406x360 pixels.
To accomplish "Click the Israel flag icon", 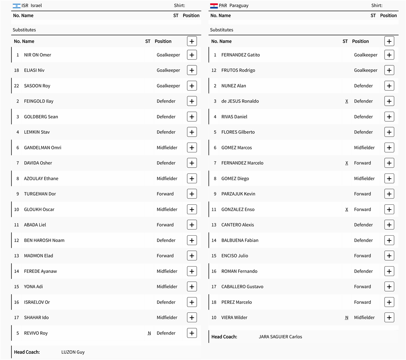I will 17,6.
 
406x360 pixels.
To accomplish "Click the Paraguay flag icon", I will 214,6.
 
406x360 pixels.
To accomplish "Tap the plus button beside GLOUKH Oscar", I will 192,210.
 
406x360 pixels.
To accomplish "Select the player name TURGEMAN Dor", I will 40,194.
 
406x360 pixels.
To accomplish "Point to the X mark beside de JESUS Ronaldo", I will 347,101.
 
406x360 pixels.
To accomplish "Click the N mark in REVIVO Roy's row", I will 149,333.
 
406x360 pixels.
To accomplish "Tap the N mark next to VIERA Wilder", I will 347,318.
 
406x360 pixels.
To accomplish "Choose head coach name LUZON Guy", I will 73,352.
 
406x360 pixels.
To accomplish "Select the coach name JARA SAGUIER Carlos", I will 280,337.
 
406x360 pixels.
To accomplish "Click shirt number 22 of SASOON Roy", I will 17,86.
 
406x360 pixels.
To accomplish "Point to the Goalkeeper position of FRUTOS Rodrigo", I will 366,70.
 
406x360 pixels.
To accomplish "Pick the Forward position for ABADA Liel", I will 165,225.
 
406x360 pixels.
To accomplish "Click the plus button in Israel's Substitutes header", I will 192,41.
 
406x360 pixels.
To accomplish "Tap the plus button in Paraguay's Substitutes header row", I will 389,41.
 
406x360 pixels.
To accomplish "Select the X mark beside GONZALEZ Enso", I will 347,210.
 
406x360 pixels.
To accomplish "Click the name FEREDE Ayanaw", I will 40,271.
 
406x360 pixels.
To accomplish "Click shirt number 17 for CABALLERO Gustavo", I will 214,287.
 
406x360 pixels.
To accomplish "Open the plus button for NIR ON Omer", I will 192,55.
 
